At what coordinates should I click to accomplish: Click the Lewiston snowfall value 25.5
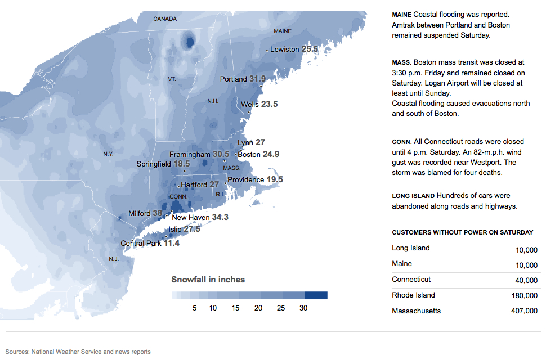(310, 49)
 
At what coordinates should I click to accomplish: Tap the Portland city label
(233, 79)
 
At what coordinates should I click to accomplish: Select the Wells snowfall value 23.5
(269, 104)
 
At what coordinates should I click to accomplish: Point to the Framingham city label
(190, 154)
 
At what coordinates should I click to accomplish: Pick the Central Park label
(141, 243)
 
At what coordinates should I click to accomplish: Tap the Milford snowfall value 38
(158, 214)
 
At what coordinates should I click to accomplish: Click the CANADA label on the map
(165, 19)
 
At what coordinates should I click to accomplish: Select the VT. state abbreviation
(172, 79)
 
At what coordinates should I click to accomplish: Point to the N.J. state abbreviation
(114, 259)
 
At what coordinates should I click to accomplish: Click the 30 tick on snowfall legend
(303, 308)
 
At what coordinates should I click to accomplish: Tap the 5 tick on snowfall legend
(194, 308)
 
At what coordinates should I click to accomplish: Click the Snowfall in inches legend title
(208, 280)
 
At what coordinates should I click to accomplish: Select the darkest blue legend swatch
(316, 295)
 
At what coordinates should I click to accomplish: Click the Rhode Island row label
(413, 295)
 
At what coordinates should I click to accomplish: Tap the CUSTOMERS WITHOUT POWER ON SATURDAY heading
(462, 232)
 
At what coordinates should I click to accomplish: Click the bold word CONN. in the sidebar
(401, 142)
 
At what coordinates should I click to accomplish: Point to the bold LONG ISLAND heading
(413, 196)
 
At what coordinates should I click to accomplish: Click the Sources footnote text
(78, 352)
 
